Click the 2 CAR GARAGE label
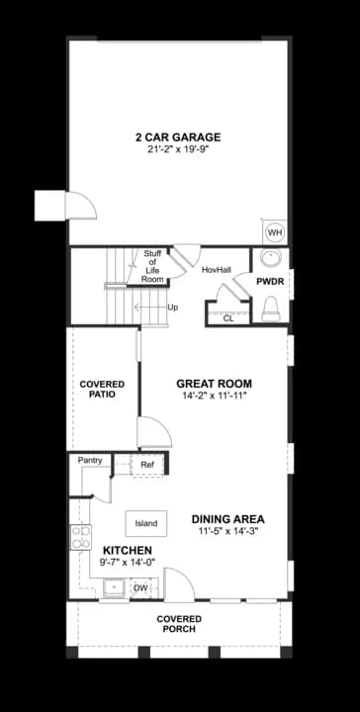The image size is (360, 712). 178,137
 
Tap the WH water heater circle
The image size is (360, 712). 275,233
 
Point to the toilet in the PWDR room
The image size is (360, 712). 271,308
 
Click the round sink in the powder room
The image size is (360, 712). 271,258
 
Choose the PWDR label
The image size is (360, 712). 270,282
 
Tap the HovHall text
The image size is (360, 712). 217,270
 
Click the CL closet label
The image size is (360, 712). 228,318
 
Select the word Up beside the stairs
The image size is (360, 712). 172,308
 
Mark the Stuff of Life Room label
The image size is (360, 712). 152,267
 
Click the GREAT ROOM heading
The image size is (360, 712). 215,384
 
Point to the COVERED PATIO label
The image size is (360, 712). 102,390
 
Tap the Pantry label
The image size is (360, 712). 90,461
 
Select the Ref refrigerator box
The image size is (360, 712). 146,465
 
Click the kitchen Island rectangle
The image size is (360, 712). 146,523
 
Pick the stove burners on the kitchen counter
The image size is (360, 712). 80,537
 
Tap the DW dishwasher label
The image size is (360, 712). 140,588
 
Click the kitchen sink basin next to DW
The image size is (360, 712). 115,587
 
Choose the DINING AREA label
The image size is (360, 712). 227,519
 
